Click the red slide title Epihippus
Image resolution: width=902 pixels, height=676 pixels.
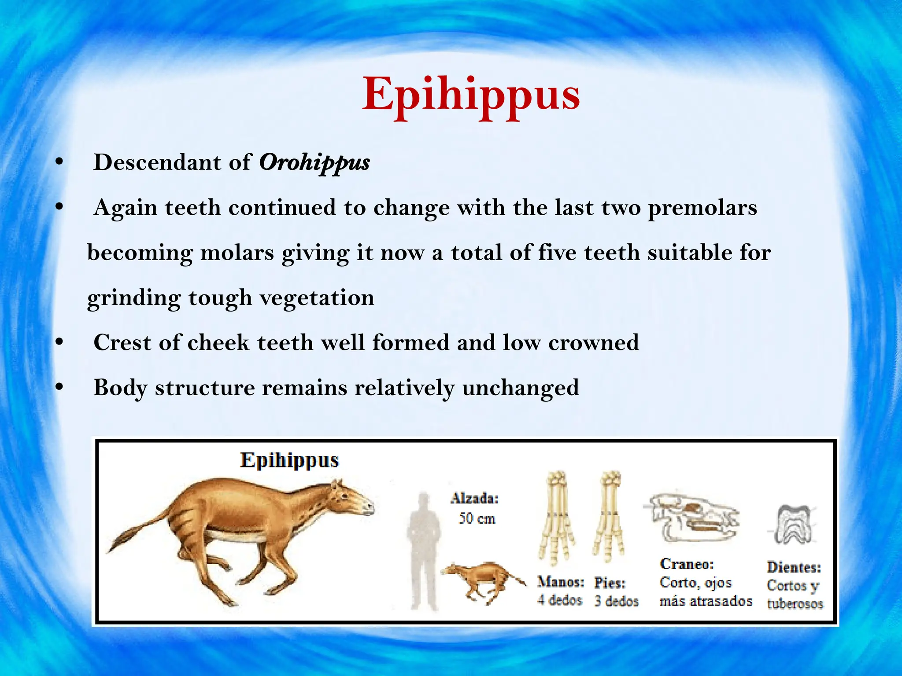pyautogui.click(x=470, y=95)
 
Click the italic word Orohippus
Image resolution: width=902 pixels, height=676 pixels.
pyautogui.click(x=314, y=163)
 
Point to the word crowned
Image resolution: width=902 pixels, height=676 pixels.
pyautogui.click(x=593, y=342)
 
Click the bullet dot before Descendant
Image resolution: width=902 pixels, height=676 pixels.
pyautogui.click(x=59, y=162)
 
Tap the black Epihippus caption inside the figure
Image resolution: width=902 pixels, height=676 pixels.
pyautogui.click(x=289, y=460)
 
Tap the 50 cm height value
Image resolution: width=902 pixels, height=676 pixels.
pyautogui.click(x=477, y=518)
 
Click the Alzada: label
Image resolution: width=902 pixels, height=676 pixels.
pyautogui.click(x=475, y=498)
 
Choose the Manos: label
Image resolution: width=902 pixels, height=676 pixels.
pyautogui.click(x=560, y=582)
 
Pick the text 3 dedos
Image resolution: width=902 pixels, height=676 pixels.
pyautogui.click(x=616, y=601)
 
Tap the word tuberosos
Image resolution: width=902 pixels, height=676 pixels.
pyautogui.click(x=795, y=603)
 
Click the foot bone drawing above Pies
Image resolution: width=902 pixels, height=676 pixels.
pyautogui.click(x=610, y=517)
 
